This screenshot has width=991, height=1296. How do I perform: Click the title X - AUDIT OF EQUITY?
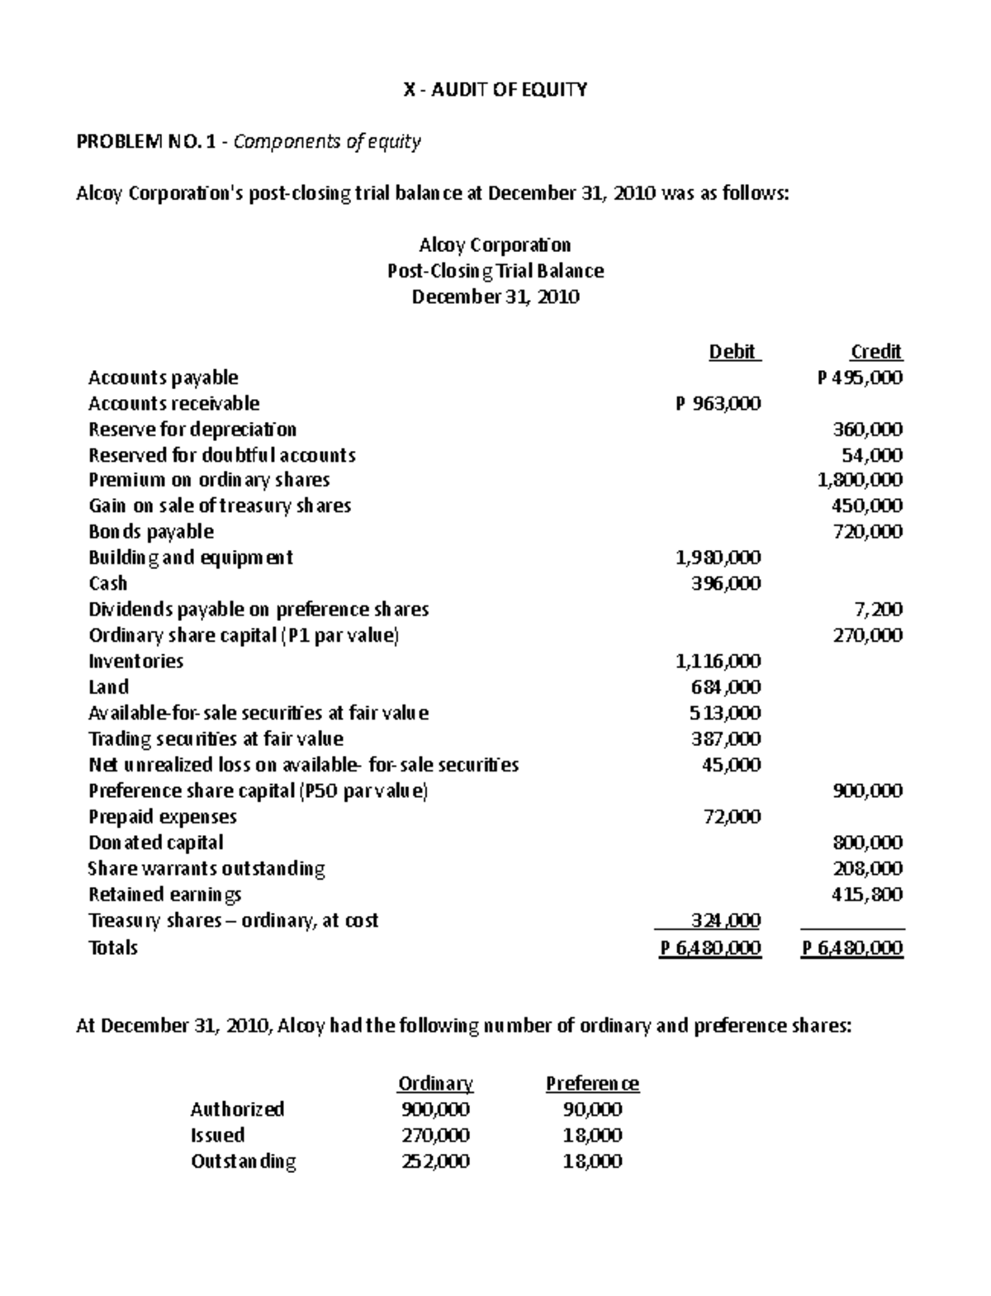[x=495, y=90]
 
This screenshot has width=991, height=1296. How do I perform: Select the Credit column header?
[x=875, y=352]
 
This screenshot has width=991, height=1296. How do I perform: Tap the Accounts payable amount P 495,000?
[x=860, y=378]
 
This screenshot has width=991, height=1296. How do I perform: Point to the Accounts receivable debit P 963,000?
[x=718, y=404]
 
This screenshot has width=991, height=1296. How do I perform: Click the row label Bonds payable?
[x=151, y=532]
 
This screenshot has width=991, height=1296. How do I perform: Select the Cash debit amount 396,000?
[x=725, y=584]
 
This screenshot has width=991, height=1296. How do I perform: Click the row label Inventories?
[x=136, y=662]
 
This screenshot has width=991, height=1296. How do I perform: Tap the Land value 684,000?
[x=725, y=687]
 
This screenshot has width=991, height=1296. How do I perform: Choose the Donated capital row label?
[x=156, y=843]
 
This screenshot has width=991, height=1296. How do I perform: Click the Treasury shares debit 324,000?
[x=725, y=920]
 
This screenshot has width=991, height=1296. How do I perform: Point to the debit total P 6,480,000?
[x=710, y=948]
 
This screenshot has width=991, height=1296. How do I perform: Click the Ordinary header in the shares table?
[x=435, y=1084]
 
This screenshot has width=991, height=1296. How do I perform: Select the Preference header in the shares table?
[x=592, y=1084]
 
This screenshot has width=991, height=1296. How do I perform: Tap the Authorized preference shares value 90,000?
[x=592, y=1109]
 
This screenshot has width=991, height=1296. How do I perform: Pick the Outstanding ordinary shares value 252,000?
[x=435, y=1161]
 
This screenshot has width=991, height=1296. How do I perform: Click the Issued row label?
[x=217, y=1136]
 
